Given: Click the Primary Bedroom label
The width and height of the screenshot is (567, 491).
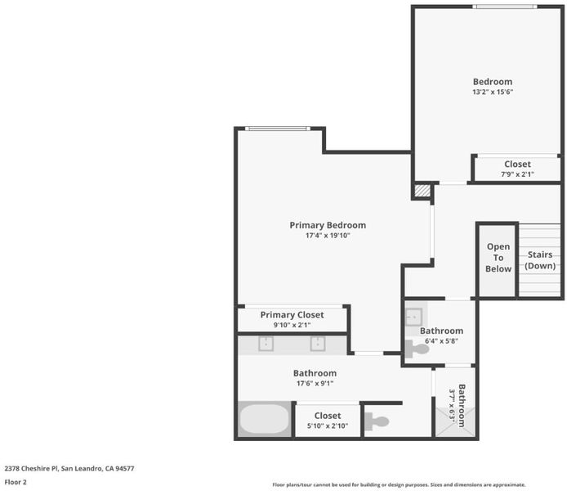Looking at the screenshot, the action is coord(328,225).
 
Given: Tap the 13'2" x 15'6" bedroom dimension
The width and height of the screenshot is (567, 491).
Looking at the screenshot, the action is coord(493,92).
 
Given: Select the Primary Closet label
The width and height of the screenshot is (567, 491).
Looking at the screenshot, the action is coord(292,315).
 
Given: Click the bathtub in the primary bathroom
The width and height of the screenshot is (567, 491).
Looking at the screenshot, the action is coord(265,419).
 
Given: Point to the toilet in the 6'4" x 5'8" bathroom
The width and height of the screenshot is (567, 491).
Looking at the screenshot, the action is coord(417,349).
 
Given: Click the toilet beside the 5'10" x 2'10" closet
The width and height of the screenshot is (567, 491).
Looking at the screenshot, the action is coord(377,421).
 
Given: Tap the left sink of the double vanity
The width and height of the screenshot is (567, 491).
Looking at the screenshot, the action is coord(266,344).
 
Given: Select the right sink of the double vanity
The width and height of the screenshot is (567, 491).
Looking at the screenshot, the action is coord(318,344).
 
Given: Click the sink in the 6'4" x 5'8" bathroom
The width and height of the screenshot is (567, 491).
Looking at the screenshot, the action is coord(413,318).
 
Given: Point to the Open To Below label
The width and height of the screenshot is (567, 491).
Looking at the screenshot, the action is coord(498,258).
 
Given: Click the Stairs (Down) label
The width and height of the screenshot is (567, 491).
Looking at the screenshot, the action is coord(540,260).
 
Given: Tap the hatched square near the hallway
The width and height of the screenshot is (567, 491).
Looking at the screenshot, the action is coord(422,191).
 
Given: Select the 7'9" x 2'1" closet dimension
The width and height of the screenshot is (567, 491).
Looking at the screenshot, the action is coord(517,174).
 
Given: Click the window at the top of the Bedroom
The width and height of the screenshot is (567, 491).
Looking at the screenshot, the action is coord(505,7).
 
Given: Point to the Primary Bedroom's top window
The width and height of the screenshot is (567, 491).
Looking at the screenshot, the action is coord(277,128).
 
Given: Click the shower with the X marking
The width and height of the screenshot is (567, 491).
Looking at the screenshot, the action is coord(455,421).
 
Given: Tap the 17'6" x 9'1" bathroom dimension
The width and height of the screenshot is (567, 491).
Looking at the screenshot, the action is coord(315,384).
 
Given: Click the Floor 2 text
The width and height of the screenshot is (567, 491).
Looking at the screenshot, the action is coord(16,482).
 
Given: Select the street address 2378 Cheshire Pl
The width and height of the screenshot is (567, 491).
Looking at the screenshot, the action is coord(31,469).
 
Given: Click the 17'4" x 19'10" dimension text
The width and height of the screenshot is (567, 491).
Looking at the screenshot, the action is coord(328,236).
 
